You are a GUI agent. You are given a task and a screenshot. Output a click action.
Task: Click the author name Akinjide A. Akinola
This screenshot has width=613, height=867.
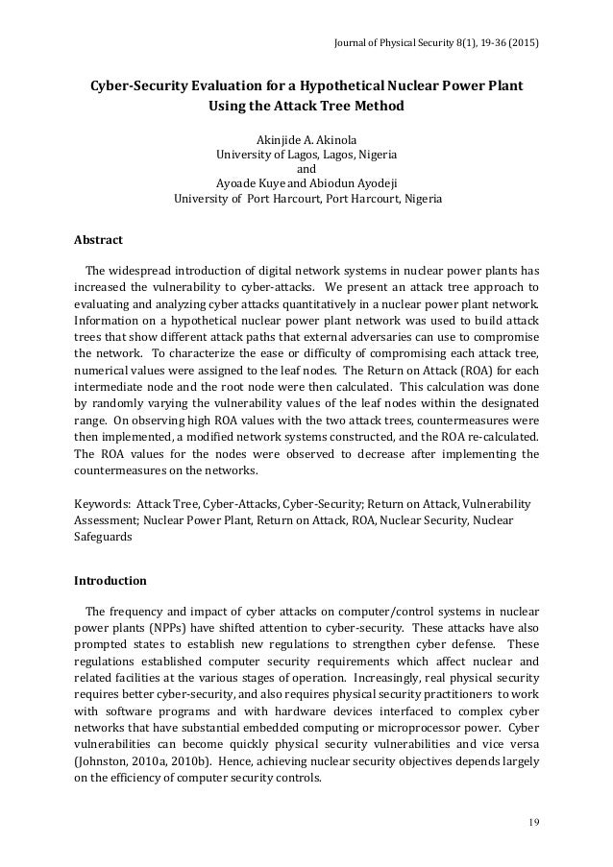[x=306, y=138]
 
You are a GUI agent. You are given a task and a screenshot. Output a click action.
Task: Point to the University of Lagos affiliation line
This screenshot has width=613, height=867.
[x=306, y=154]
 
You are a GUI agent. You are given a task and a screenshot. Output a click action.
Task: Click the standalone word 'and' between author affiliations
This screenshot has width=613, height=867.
[x=306, y=169]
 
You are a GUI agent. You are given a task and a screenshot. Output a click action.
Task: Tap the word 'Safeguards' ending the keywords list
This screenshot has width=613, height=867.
[x=105, y=538]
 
